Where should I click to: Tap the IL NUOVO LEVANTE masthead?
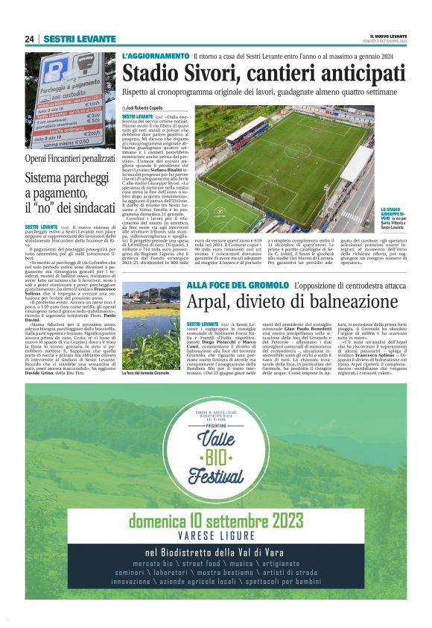[x=388, y=36]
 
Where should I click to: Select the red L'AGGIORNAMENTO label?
[x=155, y=56]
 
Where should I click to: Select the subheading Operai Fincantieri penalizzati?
[x=70, y=159]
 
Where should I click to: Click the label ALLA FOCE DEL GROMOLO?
[x=238, y=286]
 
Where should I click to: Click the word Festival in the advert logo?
[x=215, y=474]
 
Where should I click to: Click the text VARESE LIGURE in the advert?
[x=216, y=536]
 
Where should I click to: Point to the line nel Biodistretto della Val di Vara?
[x=216, y=553]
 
